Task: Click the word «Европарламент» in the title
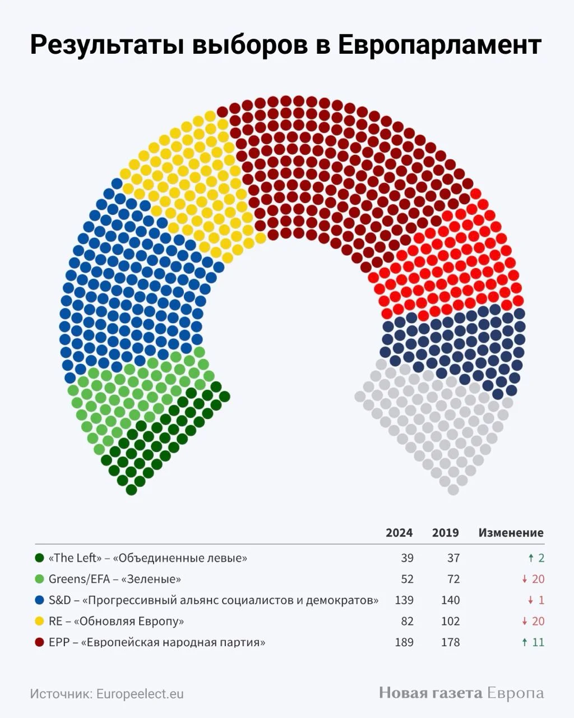440,45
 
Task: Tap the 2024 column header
399,533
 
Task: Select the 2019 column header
445,533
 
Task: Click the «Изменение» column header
511,533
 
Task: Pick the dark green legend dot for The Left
39,558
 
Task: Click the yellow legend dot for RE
39,622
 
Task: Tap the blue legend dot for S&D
39,600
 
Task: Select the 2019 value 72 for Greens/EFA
453,579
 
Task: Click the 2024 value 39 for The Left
407,558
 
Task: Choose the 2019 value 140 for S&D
450,600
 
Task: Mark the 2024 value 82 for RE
407,622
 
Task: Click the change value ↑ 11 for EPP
533,642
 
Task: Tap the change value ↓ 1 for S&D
536,600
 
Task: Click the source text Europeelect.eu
140,694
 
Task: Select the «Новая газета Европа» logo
461,693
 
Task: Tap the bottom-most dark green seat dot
131,490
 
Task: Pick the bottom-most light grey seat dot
453,490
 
